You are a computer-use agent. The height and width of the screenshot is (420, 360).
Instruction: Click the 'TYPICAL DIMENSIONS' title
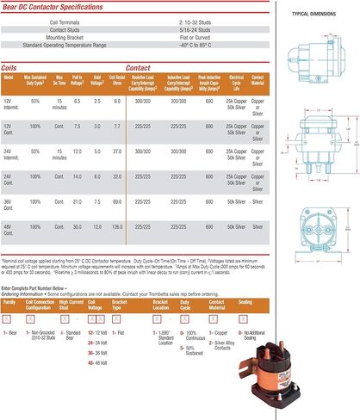312,14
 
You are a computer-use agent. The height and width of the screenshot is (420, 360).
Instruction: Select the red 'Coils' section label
13,66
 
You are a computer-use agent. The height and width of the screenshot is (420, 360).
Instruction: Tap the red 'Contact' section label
138,66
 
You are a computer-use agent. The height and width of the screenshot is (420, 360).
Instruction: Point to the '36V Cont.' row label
9,204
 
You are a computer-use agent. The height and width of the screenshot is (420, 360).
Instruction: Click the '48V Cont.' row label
9,229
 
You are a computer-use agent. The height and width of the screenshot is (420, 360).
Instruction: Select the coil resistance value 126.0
117,226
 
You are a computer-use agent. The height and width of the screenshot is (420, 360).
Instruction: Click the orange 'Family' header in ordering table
9,303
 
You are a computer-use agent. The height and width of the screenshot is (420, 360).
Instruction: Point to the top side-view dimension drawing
312,52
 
